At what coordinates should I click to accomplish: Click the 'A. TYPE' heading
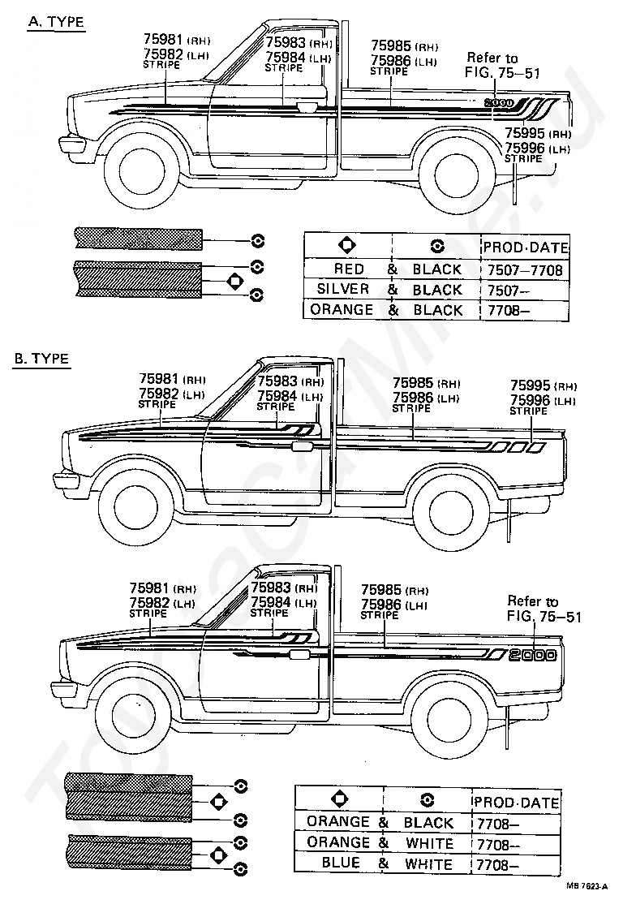click(x=56, y=22)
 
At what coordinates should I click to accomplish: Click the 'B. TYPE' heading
click(x=41, y=359)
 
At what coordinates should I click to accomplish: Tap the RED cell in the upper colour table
click(x=349, y=269)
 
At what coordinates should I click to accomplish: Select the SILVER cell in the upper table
click(x=342, y=289)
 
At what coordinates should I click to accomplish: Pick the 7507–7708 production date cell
click(x=524, y=269)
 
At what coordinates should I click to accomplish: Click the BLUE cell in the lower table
click(x=341, y=863)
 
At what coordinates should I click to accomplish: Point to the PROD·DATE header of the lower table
click(x=516, y=803)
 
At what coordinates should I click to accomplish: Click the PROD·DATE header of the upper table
click(x=526, y=248)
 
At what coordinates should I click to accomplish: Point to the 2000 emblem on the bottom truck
click(x=531, y=655)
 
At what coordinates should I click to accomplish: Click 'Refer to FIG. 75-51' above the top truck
click(x=501, y=66)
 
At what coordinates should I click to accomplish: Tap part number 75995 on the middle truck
click(x=531, y=385)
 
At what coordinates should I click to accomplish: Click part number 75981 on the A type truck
click(x=163, y=39)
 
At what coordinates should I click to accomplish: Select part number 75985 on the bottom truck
click(x=381, y=590)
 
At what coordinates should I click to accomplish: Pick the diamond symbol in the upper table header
click(x=347, y=246)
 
